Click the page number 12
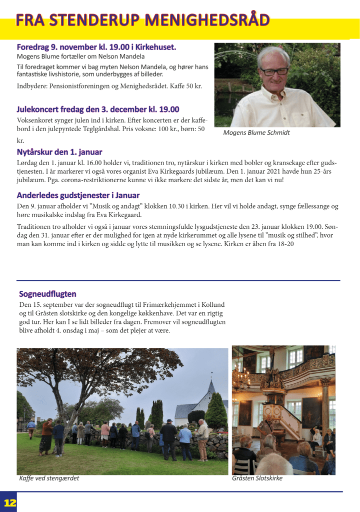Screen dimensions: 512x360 [x=10, y=503]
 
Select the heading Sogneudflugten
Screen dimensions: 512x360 [x=47, y=293]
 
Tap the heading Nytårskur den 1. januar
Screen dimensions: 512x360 [x=59, y=152]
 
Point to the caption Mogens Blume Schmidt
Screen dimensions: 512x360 [x=256, y=133]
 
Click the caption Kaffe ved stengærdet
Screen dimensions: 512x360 [x=49, y=478]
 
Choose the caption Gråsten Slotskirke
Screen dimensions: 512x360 [x=257, y=478]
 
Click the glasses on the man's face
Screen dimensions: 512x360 [x=273, y=71]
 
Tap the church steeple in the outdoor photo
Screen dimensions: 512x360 [x=211, y=387]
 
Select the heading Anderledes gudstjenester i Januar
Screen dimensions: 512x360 [x=78, y=195]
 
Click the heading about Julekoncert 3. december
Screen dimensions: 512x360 [x=97, y=109]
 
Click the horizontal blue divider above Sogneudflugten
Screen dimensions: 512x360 [x=178, y=280]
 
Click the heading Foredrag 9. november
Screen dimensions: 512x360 [x=96, y=47]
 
